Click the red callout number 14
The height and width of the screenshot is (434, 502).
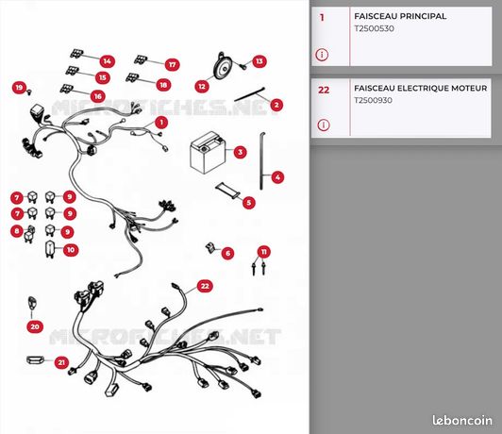tap(107, 61)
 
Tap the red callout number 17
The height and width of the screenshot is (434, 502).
tap(173, 65)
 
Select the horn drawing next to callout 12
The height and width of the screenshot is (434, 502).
tap(222, 66)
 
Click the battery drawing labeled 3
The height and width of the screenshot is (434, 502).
tap(208, 152)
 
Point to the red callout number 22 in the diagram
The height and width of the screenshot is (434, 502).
tap(205, 286)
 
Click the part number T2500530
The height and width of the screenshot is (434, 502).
tap(374, 28)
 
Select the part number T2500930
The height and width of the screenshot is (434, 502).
tap(373, 100)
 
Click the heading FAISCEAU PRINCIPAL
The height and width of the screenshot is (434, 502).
tap(400, 16)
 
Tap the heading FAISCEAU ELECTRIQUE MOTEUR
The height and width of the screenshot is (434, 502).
tap(421, 88)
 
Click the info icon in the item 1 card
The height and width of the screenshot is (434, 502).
tap(322, 55)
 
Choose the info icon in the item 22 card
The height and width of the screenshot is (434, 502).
tap(324, 125)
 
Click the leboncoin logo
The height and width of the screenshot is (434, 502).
tap(462, 420)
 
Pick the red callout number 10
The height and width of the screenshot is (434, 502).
tap(71, 250)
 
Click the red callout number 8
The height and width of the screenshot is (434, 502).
tap(17, 231)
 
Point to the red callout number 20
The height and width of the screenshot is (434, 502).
tap(35, 326)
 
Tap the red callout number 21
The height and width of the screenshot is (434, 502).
tap(61, 362)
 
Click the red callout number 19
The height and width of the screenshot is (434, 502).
tap(19, 88)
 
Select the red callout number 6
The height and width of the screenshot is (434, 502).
tap(227, 254)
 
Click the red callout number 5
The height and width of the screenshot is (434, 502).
tap(249, 202)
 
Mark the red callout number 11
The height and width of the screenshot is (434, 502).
tap(264, 252)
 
